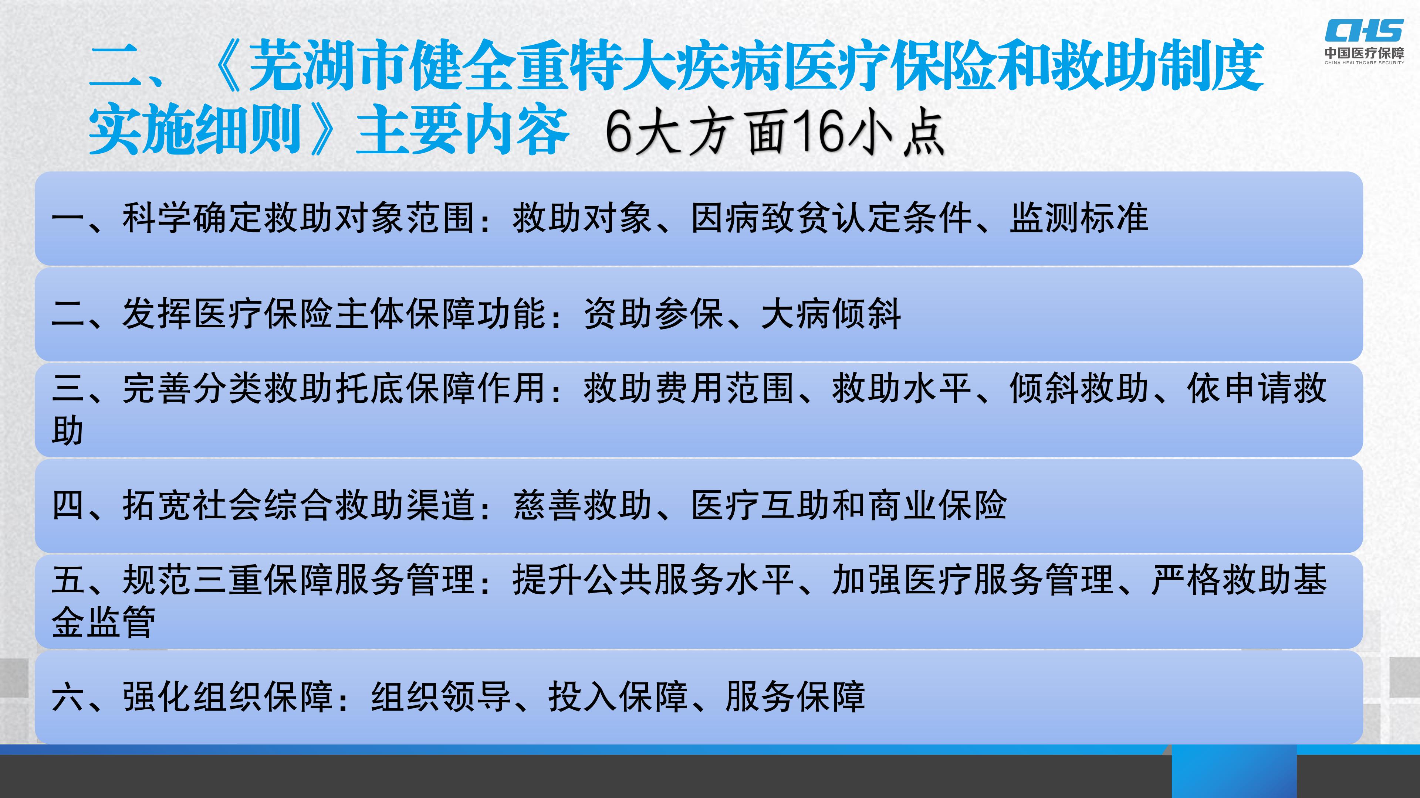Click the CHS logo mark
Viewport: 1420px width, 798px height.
pyautogui.click(x=1364, y=31)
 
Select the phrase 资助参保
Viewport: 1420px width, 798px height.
pyautogui.click(x=654, y=314)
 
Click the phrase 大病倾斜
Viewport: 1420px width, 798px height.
pyautogui.click(x=831, y=314)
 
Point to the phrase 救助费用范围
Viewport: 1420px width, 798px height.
pyautogui.click(x=689, y=388)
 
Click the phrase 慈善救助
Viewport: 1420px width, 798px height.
pyautogui.click(x=583, y=505)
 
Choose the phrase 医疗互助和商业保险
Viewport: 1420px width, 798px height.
pyautogui.click(x=849, y=505)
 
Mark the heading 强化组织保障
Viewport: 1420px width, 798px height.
pyautogui.click(x=228, y=697)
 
